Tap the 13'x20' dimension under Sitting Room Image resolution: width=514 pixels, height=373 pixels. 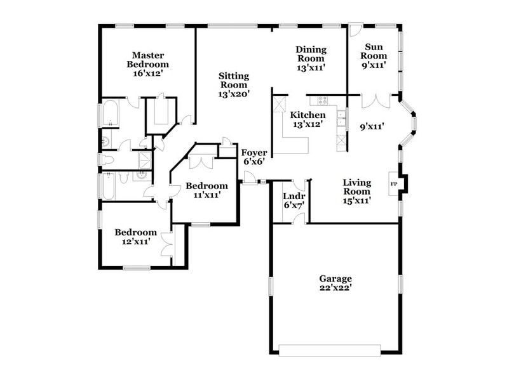pyautogui.click(x=233, y=94)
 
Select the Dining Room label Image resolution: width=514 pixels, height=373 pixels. pyautogui.click(x=311, y=49)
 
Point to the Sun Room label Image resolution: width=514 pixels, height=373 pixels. pyautogui.click(x=374, y=51)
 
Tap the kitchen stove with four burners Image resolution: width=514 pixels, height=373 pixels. pyautogui.click(x=322, y=100)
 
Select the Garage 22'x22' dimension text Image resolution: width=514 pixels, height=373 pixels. pyautogui.click(x=335, y=287)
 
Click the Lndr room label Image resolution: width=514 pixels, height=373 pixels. pyautogui.click(x=294, y=196)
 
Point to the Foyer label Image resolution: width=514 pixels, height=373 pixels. pyautogui.click(x=252, y=152)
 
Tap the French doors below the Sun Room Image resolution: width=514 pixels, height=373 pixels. pyautogui.click(x=375, y=100)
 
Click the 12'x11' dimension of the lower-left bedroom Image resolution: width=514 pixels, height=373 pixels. pyautogui.click(x=135, y=241)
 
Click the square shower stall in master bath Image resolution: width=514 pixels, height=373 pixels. pyautogui.click(x=145, y=159)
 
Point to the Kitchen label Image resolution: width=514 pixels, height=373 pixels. pyautogui.click(x=308, y=115)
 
